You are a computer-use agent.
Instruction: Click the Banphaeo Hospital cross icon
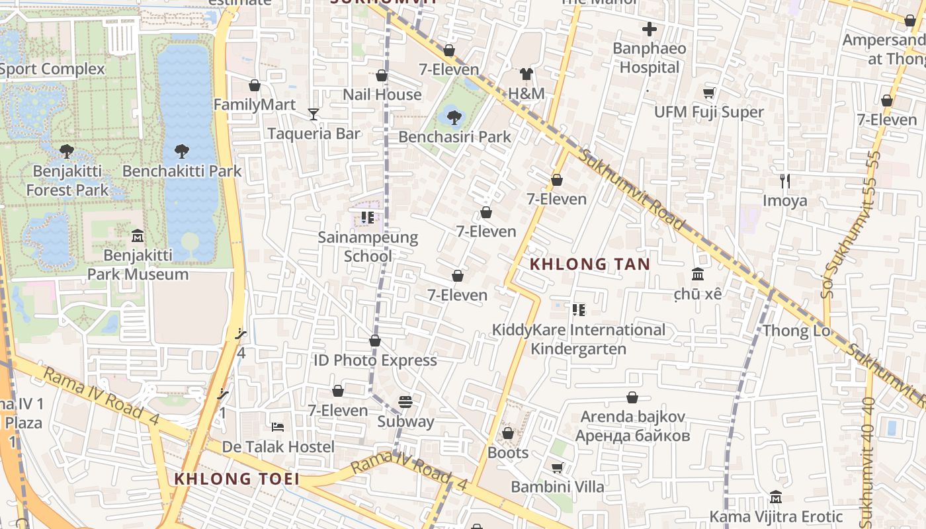click(x=650, y=29)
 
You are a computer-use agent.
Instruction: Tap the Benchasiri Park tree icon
click(x=454, y=118)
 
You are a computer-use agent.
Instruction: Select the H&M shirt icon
click(x=526, y=73)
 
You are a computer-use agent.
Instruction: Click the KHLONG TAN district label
click(x=590, y=264)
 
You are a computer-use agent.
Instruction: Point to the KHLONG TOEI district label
click(x=237, y=479)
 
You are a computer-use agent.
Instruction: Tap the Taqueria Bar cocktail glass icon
click(x=314, y=114)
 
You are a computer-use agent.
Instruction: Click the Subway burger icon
click(x=405, y=402)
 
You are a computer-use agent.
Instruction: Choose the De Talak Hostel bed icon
click(x=278, y=427)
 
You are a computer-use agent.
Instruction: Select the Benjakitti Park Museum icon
click(x=138, y=235)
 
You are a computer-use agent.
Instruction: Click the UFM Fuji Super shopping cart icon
click(x=708, y=93)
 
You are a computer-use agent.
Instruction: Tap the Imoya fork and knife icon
click(x=785, y=181)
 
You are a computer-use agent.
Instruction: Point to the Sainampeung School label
click(x=368, y=247)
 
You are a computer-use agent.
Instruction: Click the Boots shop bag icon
click(x=508, y=434)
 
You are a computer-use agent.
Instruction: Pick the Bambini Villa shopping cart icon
click(x=558, y=468)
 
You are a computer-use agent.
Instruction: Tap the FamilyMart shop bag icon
click(x=255, y=85)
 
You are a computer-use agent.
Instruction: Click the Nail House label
click(x=382, y=95)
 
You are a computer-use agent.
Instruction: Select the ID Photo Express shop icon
click(x=375, y=341)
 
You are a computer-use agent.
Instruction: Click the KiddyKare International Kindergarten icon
click(x=579, y=309)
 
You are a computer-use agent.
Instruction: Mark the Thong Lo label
click(x=796, y=331)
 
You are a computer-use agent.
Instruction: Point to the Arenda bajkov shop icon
click(x=632, y=397)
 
